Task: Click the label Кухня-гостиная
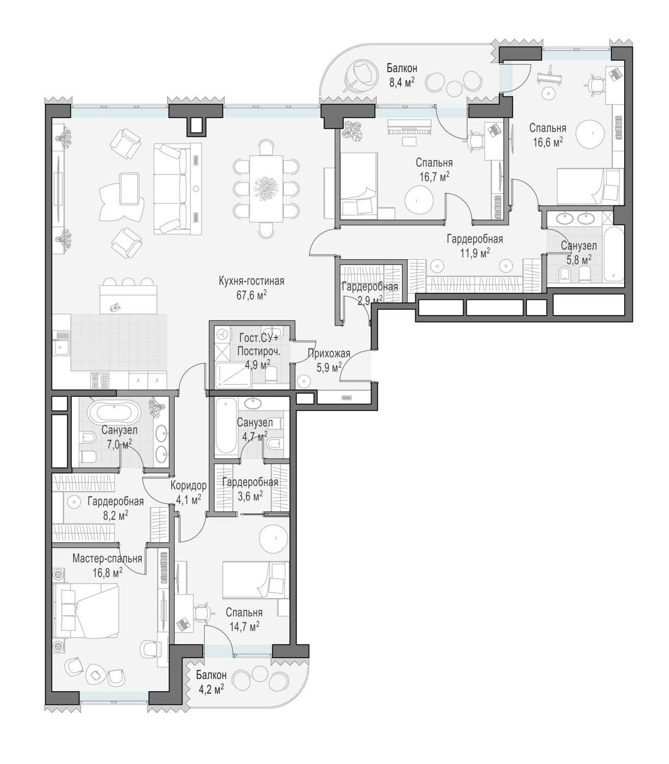pos(251,281)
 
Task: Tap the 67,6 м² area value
pos(251,295)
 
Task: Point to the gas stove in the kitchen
pos(100,380)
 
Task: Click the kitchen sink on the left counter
pos(60,343)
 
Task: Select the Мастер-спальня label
pos(107,558)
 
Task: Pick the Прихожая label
pos(329,353)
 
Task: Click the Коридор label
pos(189,485)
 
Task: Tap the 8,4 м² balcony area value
pos(402,82)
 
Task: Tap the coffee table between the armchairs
pos(129,188)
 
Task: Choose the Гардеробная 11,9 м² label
pos(475,246)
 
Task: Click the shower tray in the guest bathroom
pos(232,375)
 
